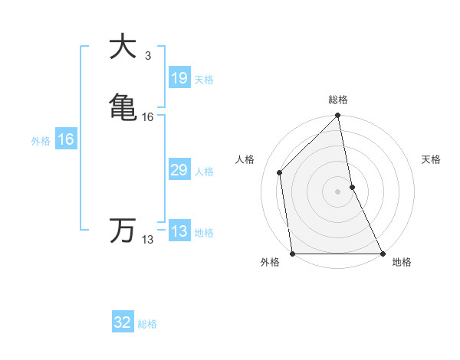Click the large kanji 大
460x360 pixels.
pos(123,47)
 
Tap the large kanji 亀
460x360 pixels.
pos(123,105)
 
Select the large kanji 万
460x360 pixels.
pos(123,229)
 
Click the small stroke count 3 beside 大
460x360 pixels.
pos(148,56)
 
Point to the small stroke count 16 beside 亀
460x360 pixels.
pos(148,117)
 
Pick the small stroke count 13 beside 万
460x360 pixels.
pos(147,240)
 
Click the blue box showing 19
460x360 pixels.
pos(179,78)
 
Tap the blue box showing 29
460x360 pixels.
pos(179,170)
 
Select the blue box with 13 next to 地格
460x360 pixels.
pos(179,231)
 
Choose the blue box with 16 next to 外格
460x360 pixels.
pos(65,139)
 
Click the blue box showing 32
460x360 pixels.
pos(123,322)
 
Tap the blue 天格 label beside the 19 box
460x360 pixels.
pos(204,80)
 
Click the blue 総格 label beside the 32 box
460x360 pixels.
pos(147,324)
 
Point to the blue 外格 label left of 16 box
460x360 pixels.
pos(40,141)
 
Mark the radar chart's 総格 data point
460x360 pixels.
pos(337,116)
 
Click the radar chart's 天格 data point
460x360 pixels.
pos(352,187)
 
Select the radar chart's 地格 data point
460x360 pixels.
pos(382,253)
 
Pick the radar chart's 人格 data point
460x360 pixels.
pos(280,172)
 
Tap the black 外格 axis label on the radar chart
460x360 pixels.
pos(270,263)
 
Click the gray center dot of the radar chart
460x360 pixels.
pos(337,191)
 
